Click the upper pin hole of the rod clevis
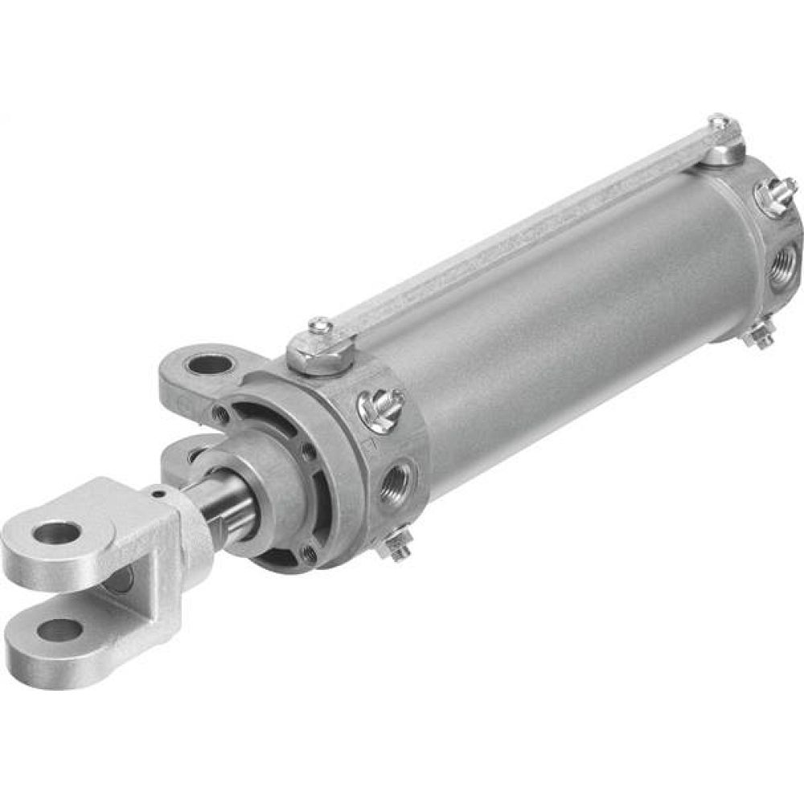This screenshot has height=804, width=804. [59, 531]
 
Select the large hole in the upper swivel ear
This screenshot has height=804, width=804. [207, 366]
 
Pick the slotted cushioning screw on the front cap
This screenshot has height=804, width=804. [381, 407]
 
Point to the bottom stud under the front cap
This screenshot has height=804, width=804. [396, 547]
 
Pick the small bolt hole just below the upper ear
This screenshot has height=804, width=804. [219, 415]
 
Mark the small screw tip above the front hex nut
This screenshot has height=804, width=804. [320, 325]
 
